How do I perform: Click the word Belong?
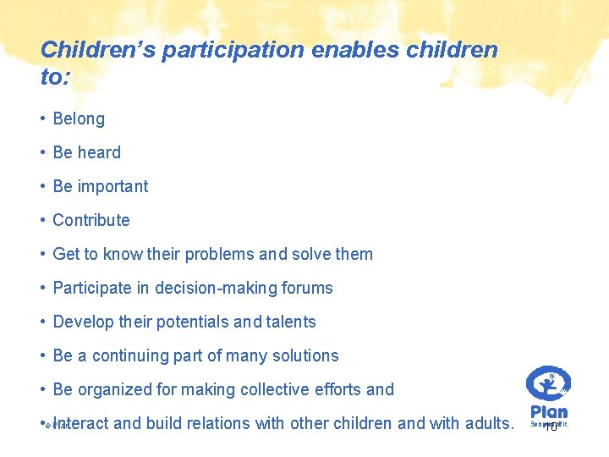pos(79,119)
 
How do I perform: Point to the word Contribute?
pos(91,221)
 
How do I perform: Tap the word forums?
pos(307,289)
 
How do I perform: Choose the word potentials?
pos(191,322)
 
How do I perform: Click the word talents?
pos(290,322)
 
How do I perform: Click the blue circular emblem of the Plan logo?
pos(548,383)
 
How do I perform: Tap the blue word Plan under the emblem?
pos(549,410)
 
